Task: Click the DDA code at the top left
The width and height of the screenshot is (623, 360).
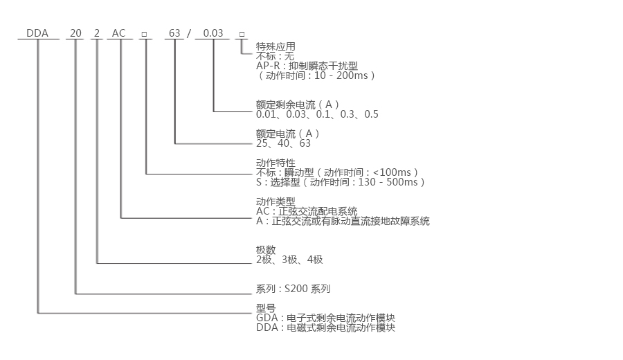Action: click(37, 33)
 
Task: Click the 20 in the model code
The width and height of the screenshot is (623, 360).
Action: click(75, 33)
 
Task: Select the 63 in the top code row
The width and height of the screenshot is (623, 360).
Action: click(174, 33)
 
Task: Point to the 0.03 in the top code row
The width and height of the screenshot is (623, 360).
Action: click(213, 33)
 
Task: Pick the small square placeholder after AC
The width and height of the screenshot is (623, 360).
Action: click(145, 33)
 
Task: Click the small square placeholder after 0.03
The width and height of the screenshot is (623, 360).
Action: click(241, 33)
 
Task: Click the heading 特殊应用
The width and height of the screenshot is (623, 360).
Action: click(276, 46)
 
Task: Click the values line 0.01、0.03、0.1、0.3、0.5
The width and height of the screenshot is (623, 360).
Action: click(317, 114)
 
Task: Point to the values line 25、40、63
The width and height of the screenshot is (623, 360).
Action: click(283, 143)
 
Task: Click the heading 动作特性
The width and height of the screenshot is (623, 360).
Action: click(276, 163)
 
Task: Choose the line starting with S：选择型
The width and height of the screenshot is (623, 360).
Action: click(340, 182)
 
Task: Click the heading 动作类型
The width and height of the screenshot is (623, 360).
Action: click(276, 201)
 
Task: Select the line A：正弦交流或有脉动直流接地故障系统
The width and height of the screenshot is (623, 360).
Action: click(343, 221)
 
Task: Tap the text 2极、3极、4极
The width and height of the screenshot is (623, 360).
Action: click(289, 260)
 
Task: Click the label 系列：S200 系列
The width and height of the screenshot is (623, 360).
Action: click(298, 289)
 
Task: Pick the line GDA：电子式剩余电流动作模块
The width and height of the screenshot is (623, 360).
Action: click(325, 318)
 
